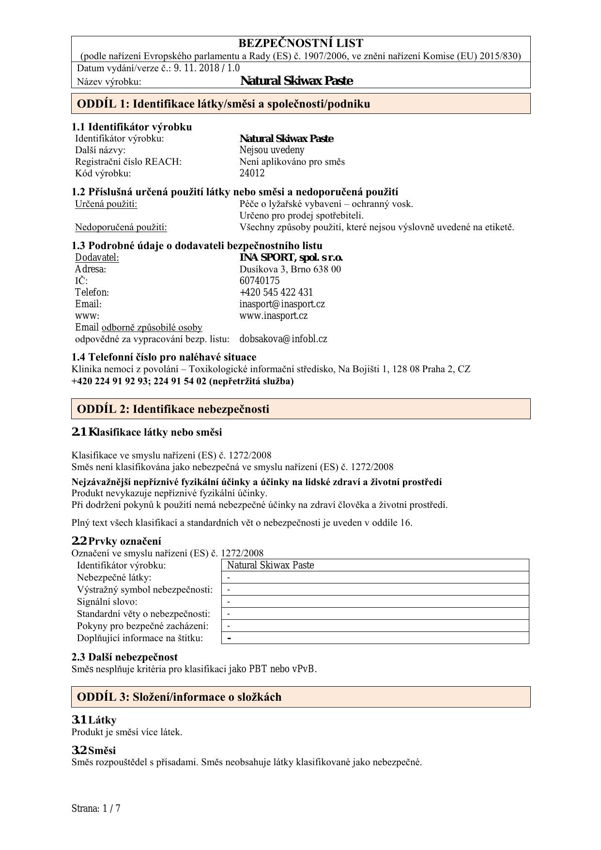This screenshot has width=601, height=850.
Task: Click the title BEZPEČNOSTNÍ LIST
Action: pyautogui.click(x=300, y=44)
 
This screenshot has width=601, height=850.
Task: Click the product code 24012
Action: pyautogui.click(x=252, y=173)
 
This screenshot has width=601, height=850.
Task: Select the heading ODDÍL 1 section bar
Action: pyautogui.click(x=300, y=104)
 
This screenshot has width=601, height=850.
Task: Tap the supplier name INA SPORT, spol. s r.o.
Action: pyautogui.click(x=291, y=257)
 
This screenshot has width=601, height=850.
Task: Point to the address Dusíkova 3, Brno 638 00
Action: pyautogui.click(x=290, y=269)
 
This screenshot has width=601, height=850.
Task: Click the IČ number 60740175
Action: pyautogui.click(x=260, y=281)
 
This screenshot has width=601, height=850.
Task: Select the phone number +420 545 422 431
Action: pyautogui.click(x=276, y=292)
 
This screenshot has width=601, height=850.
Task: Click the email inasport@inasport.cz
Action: pyautogui.click(x=282, y=304)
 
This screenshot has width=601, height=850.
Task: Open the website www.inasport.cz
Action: pyautogui.click(x=274, y=315)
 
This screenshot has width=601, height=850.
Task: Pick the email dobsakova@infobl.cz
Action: pyautogui.click(x=283, y=339)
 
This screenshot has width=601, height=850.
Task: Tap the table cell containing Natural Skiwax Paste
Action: pyautogui.click(x=375, y=565)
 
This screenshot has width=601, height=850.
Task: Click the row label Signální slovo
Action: pyautogui.click(x=107, y=601)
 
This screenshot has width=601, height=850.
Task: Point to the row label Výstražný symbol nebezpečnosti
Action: pyautogui.click(x=144, y=589)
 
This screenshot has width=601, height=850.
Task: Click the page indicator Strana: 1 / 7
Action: pyautogui.click(x=96, y=808)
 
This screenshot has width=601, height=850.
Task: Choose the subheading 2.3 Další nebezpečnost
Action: pyautogui.click(x=124, y=657)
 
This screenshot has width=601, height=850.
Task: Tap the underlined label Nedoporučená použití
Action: pyautogui.click(x=121, y=227)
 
